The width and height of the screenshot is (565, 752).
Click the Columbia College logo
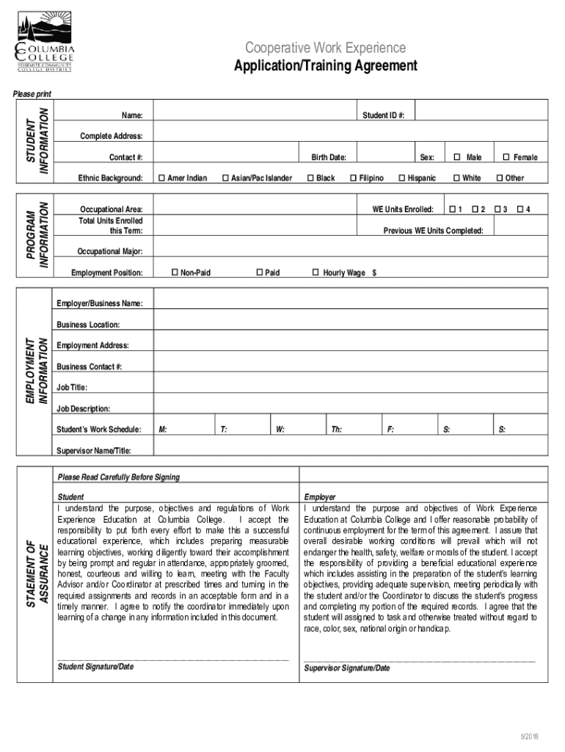(45, 45)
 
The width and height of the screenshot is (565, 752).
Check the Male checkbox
(456, 157)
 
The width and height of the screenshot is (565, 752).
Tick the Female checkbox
(506, 157)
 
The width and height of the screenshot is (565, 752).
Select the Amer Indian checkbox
(161, 178)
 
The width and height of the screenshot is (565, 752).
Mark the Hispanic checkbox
(401, 178)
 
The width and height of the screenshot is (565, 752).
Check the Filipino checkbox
(354, 178)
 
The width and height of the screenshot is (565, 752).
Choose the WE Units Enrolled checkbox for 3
(497, 210)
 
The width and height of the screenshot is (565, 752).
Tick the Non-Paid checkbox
(175, 272)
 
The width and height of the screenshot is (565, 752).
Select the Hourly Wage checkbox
(316, 272)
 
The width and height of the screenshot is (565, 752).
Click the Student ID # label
(388, 116)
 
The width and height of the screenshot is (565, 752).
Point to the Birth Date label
(328, 157)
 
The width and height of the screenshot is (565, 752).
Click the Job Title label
(72, 387)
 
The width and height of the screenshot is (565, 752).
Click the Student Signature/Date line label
(95, 667)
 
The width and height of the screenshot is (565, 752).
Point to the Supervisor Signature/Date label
(346, 668)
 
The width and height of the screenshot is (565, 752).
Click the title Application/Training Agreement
(325, 67)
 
